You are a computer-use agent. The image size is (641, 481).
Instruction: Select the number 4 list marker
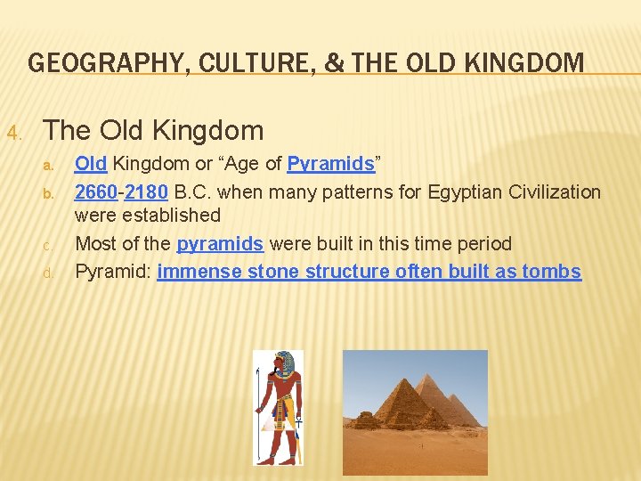tap(13, 134)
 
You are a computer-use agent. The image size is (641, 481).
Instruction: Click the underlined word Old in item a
tap(91, 164)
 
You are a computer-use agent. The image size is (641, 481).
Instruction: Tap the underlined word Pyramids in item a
tap(330, 164)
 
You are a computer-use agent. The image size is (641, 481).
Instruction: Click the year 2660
tap(95, 192)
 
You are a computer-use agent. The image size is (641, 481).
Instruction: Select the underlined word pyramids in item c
tap(219, 244)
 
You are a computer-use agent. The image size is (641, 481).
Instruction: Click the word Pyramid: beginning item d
tap(113, 272)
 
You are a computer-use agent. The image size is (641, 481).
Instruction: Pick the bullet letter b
tap(50, 193)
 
